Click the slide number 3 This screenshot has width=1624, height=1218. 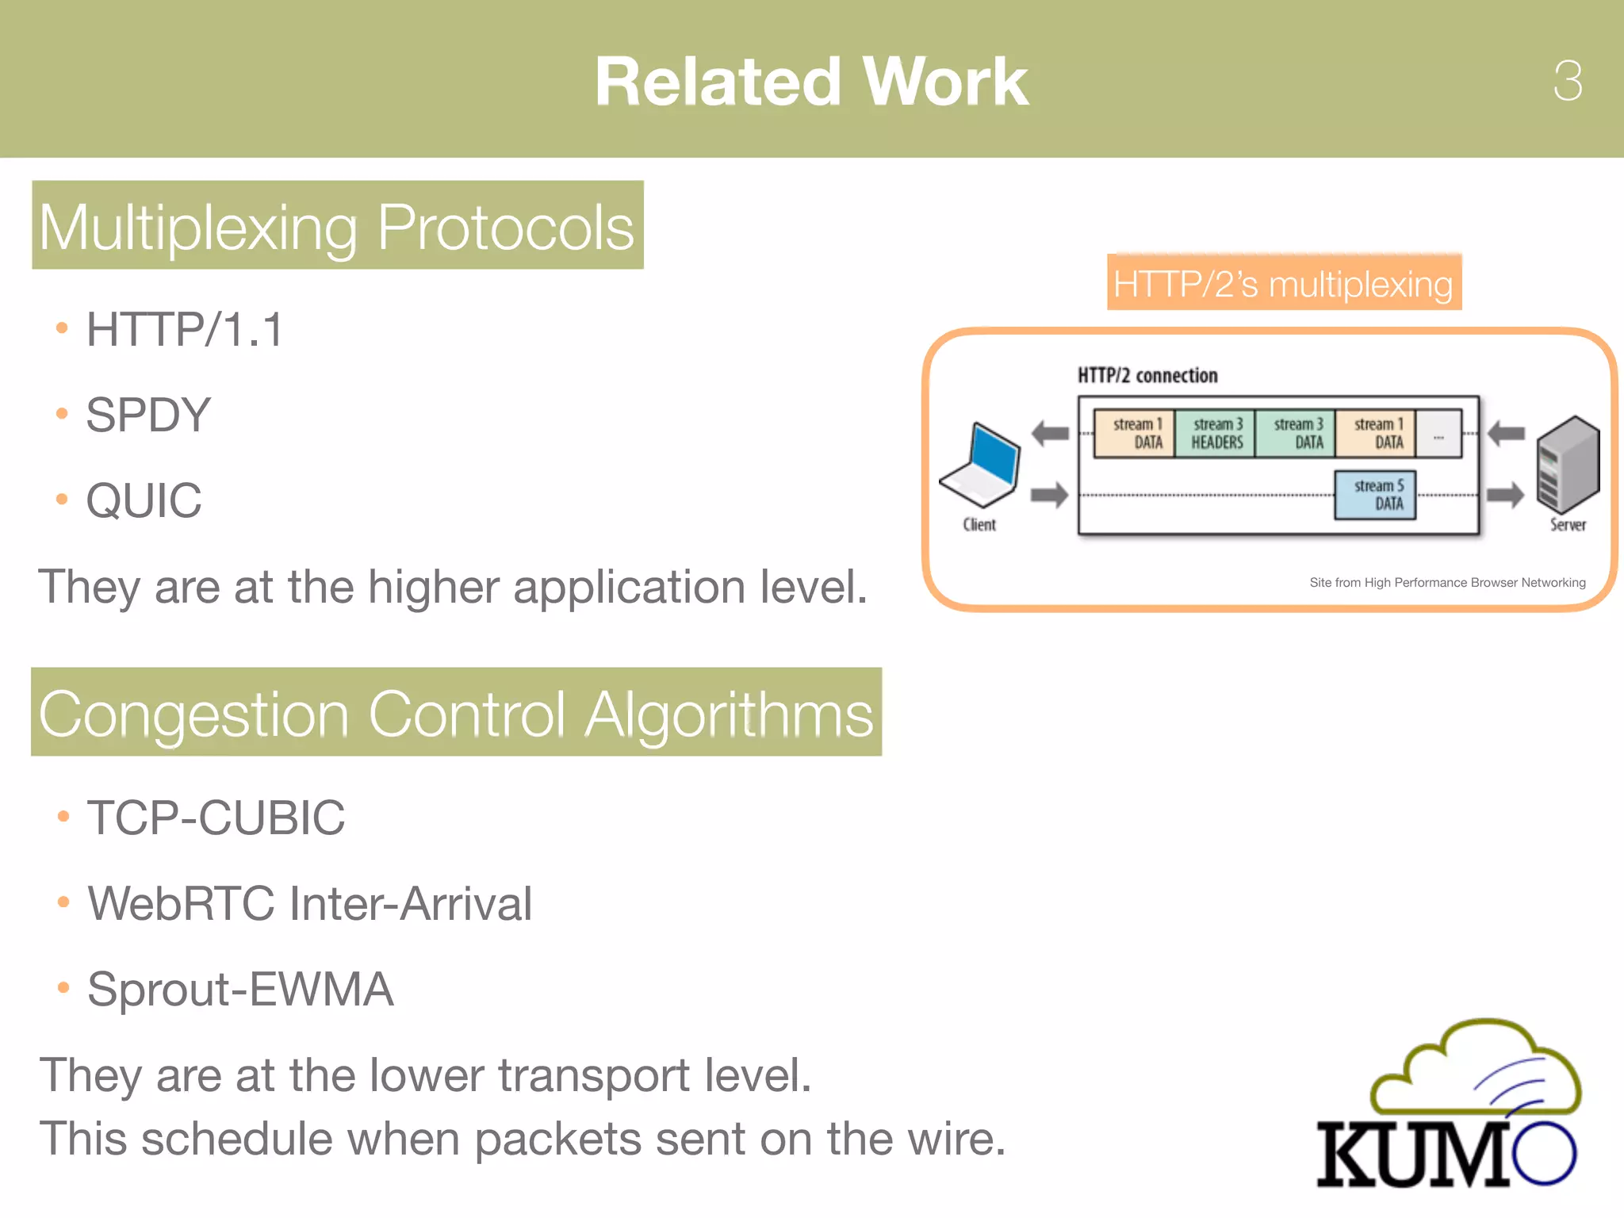pos(1567,81)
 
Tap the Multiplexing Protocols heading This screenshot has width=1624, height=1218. pos(337,226)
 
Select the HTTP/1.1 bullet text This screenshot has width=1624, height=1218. pos(184,330)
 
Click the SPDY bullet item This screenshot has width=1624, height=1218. pos(148,415)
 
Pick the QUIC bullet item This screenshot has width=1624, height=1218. pos(144,500)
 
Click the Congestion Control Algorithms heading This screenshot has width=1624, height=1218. pos(456,713)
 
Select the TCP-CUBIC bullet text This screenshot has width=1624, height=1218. pos(216,818)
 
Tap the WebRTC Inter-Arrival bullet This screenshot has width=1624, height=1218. pos(309,903)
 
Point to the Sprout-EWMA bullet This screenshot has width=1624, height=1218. pos(240,989)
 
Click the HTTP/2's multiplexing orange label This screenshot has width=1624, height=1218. pos(1283,283)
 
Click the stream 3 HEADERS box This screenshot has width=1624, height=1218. pos(1215,434)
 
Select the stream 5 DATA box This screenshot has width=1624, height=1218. pos(1376,495)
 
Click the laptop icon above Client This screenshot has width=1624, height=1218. pos(980,465)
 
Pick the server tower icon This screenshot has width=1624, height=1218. pos(1567,465)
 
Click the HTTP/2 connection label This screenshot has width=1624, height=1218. pos(1147,376)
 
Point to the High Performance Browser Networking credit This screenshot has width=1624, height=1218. pos(1446,583)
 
